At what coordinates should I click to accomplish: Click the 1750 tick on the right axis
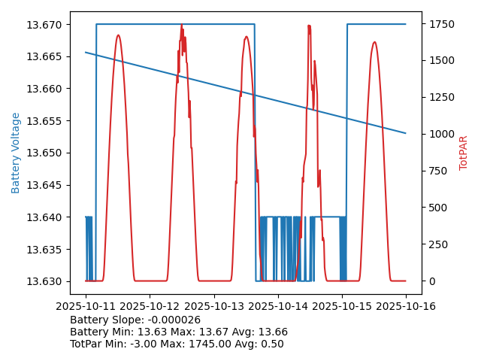click(x=441, y=25)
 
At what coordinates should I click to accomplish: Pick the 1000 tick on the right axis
click(x=441, y=134)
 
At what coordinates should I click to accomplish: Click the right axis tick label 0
click(x=431, y=281)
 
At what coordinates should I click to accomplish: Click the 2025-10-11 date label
click(x=86, y=306)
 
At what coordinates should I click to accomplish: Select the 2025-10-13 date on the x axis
click(x=214, y=306)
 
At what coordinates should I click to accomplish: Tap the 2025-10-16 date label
click(x=406, y=306)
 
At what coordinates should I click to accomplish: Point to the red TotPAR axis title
click(x=464, y=153)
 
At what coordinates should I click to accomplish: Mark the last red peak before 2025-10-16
click(x=374, y=43)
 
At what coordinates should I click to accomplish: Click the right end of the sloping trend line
click(x=406, y=133)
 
